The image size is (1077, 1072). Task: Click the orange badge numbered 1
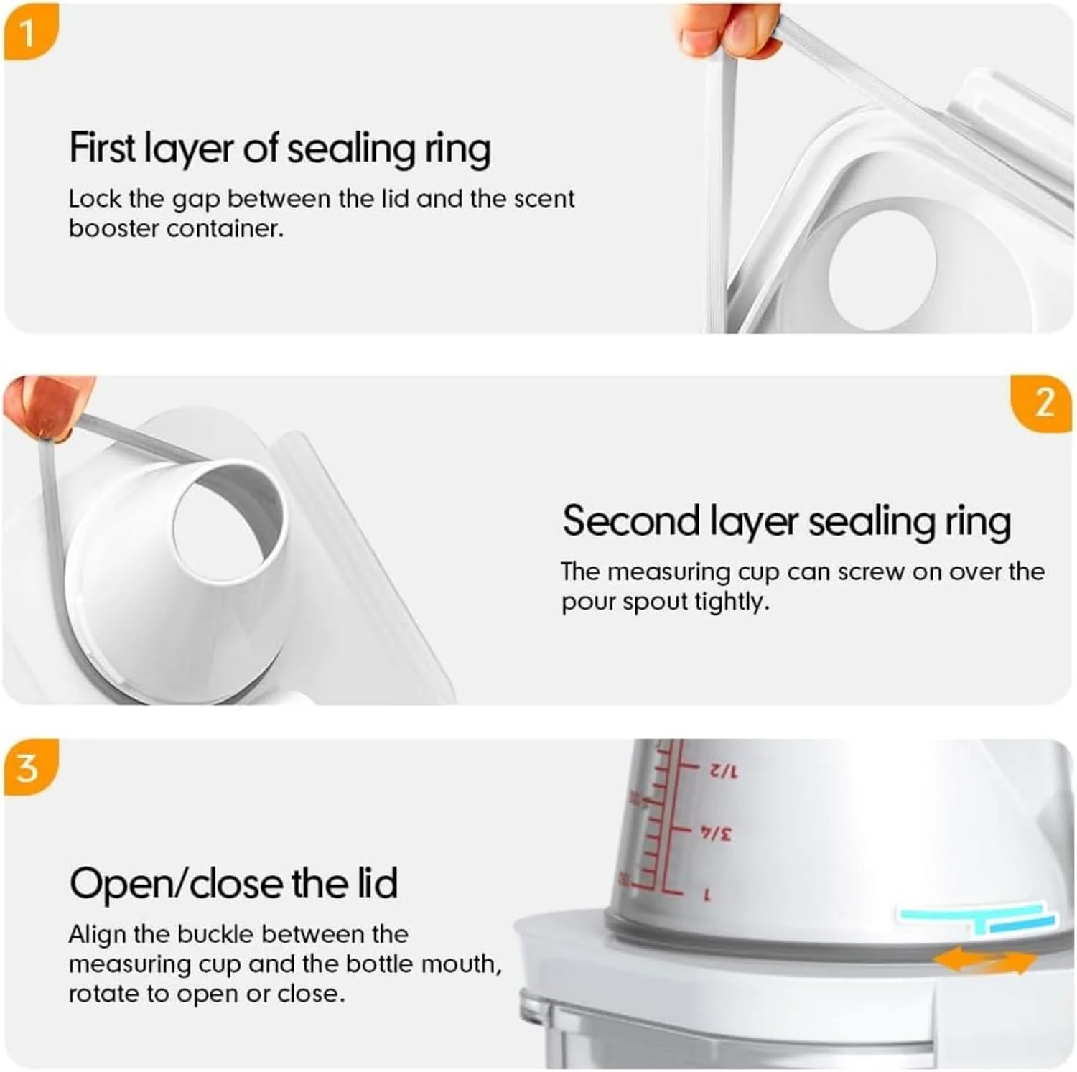point(29,32)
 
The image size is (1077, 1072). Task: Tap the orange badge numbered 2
point(1043,403)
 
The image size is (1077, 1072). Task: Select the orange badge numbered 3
point(29,767)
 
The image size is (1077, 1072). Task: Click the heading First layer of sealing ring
point(280,149)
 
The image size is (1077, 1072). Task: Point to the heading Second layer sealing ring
point(787,521)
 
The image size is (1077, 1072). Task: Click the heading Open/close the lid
point(233,882)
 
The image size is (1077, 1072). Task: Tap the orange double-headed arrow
point(985,960)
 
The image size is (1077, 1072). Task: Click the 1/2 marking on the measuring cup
point(722,772)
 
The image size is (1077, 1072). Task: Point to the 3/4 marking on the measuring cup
point(717,834)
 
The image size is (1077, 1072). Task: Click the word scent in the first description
point(544,199)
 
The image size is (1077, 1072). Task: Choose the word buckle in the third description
point(215,934)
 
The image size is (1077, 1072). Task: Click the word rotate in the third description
point(103,994)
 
